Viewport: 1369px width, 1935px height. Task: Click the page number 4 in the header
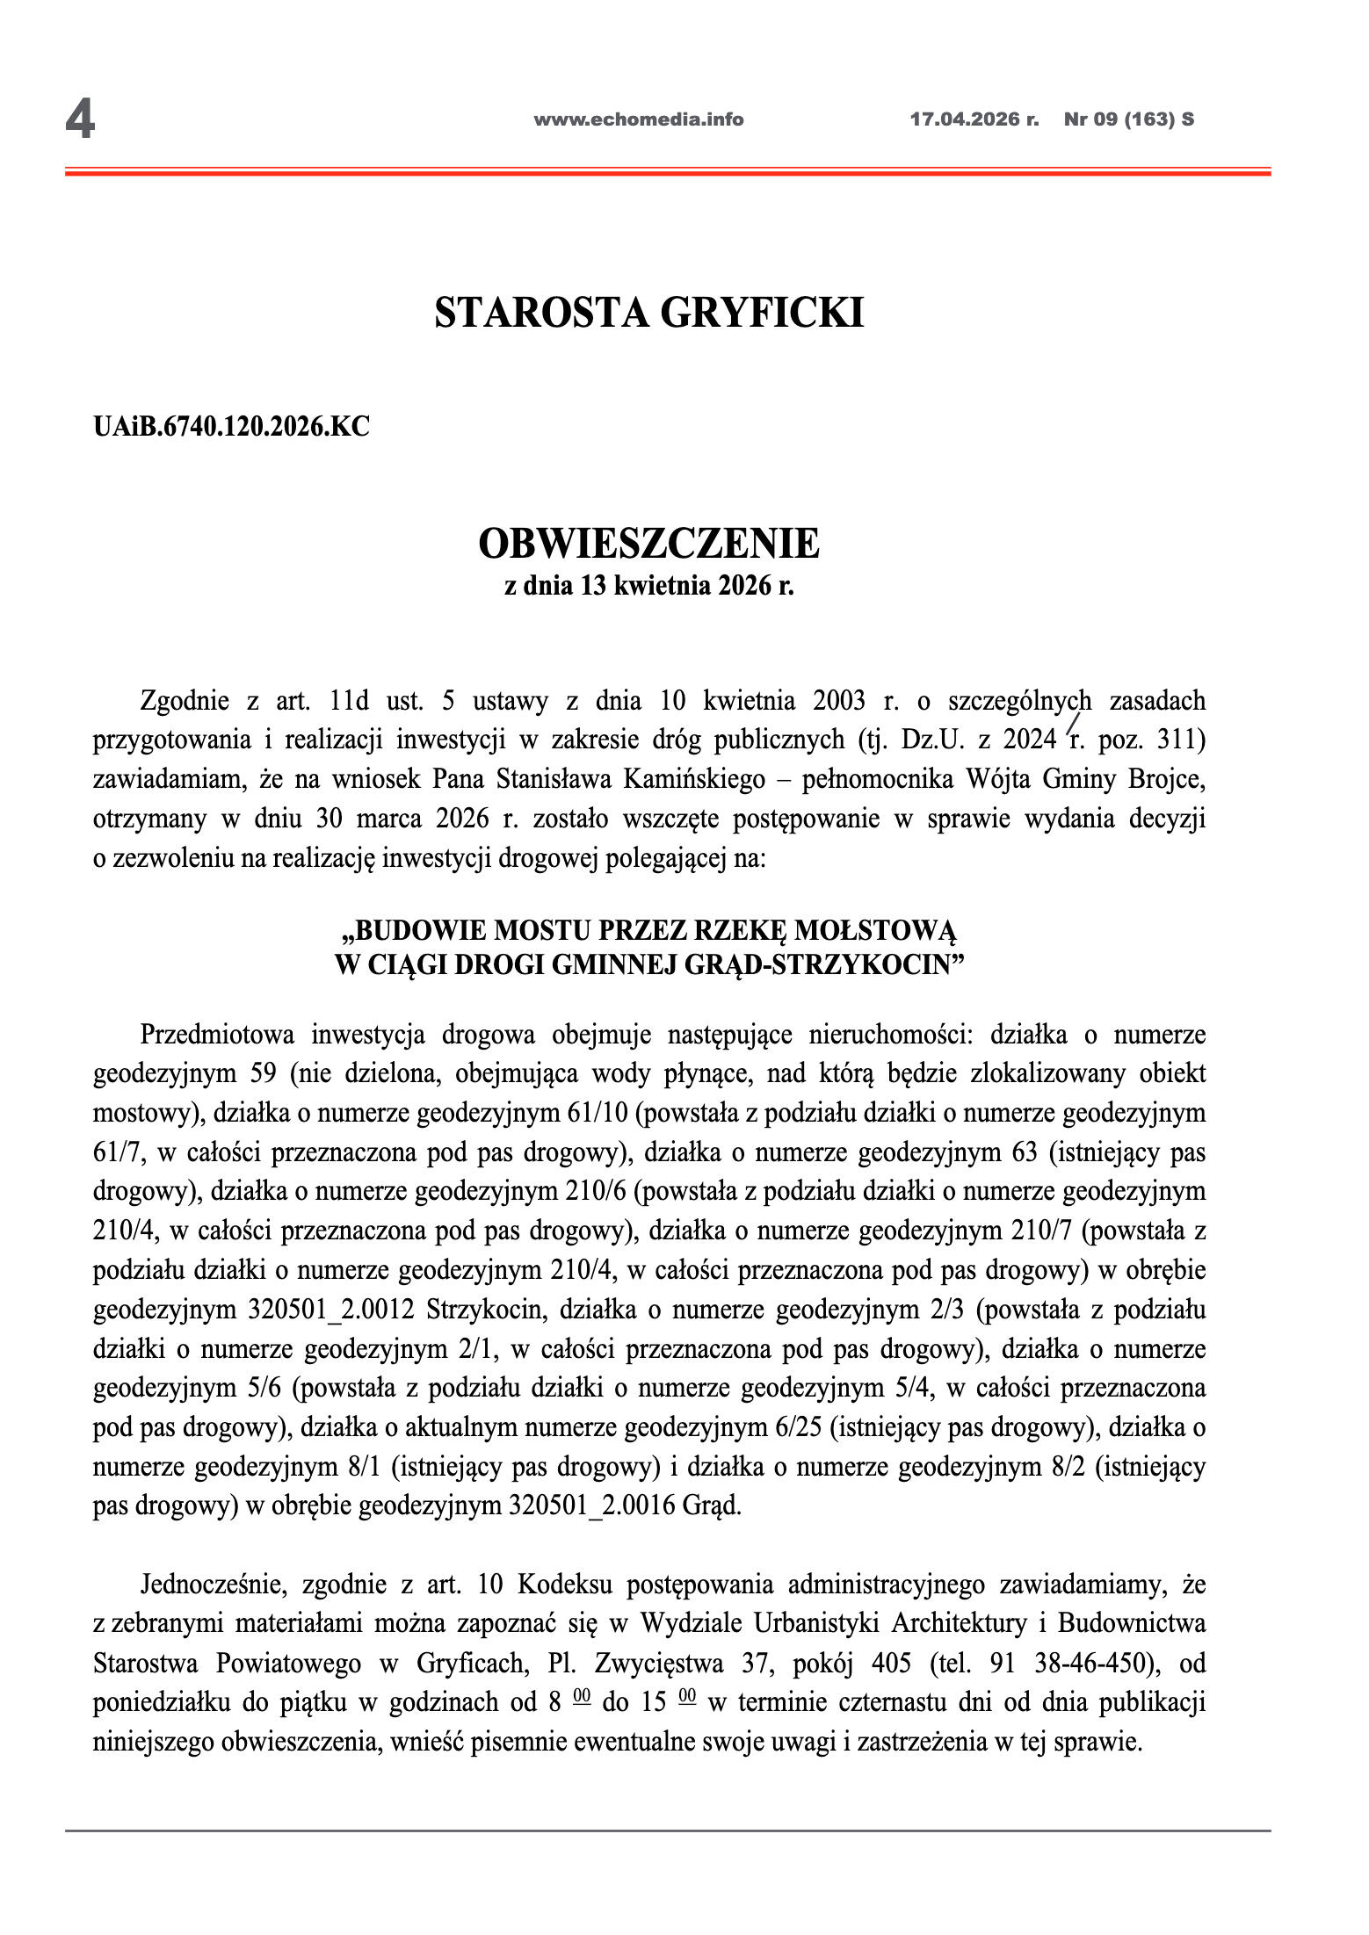[x=80, y=120]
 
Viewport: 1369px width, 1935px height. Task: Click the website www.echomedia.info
[x=638, y=119]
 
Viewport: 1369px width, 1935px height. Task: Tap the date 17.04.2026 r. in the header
[x=974, y=119]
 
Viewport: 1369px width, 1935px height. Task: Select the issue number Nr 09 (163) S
[x=1128, y=119]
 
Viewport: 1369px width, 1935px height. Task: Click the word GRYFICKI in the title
[x=761, y=314]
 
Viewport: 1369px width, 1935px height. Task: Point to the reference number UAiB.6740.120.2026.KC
[x=231, y=427]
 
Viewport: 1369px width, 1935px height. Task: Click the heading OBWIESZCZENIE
[x=648, y=544]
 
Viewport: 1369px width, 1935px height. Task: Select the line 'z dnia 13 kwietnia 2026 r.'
[x=648, y=586]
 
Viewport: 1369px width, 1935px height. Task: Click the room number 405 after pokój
[x=891, y=1664]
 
